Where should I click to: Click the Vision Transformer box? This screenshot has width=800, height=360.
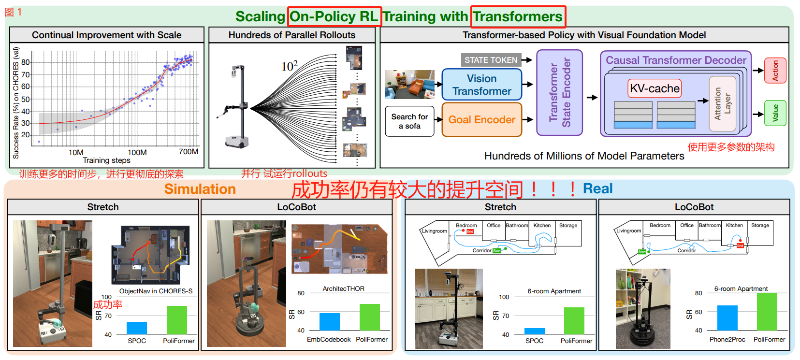(x=481, y=85)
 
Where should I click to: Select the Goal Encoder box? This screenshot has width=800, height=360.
(x=481, y=119)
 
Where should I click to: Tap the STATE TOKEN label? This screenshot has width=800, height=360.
(x=491, y=60)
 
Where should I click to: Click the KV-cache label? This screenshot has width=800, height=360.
(x=655, y=88)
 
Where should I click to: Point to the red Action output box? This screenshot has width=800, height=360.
(x=775, y=71)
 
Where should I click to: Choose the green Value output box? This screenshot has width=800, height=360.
(x=775, y=113)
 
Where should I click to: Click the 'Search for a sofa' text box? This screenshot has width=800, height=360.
(x=409, y=121)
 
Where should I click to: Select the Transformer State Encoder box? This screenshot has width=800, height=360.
(x=560, y=93)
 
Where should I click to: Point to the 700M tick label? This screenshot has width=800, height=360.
(x=189, y=152)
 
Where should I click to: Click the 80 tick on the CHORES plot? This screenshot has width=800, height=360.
(x=26, y=62)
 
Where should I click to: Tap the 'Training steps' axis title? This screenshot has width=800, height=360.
(x=106, y=160)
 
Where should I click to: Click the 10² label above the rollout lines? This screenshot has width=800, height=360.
(x=290, y=66)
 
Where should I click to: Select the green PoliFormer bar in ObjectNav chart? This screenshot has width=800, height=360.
(x=176, y=319)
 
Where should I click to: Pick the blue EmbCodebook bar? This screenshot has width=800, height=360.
(x=329, y=321)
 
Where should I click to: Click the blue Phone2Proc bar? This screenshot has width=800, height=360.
(x=727, y=317)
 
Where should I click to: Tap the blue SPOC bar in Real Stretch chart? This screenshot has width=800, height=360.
(x=534, y=331)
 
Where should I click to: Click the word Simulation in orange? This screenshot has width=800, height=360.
(x=200, y=189)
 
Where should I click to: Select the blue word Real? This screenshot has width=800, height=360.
(x=597, y=188)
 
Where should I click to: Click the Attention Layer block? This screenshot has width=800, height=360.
(x=722, y=103)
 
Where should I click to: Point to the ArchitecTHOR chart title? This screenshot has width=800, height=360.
(x=343, y=288)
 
